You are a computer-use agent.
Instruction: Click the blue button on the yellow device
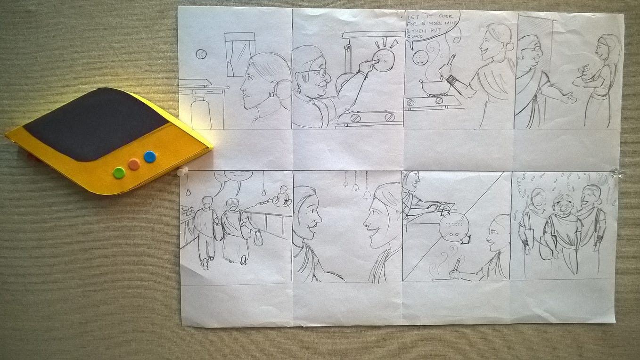pyautogui.click(x=150, y=157)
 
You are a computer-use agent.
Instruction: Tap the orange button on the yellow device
pyautogui.click(x=134, y=164)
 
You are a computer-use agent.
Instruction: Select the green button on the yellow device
pyautogui.click(x=119, y=173)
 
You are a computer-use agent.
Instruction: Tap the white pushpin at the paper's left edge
pyautogui.click(x=182, y=172)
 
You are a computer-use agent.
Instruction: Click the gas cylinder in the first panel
pyautogui.click(x=201, y=112)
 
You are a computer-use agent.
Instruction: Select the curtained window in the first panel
pyautogui.click(x=239, y=54)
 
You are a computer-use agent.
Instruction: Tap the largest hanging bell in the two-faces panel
pyautogui.click(x=368, y=195)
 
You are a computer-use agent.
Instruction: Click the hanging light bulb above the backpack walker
pyautogui.click(x=188, y=192)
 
